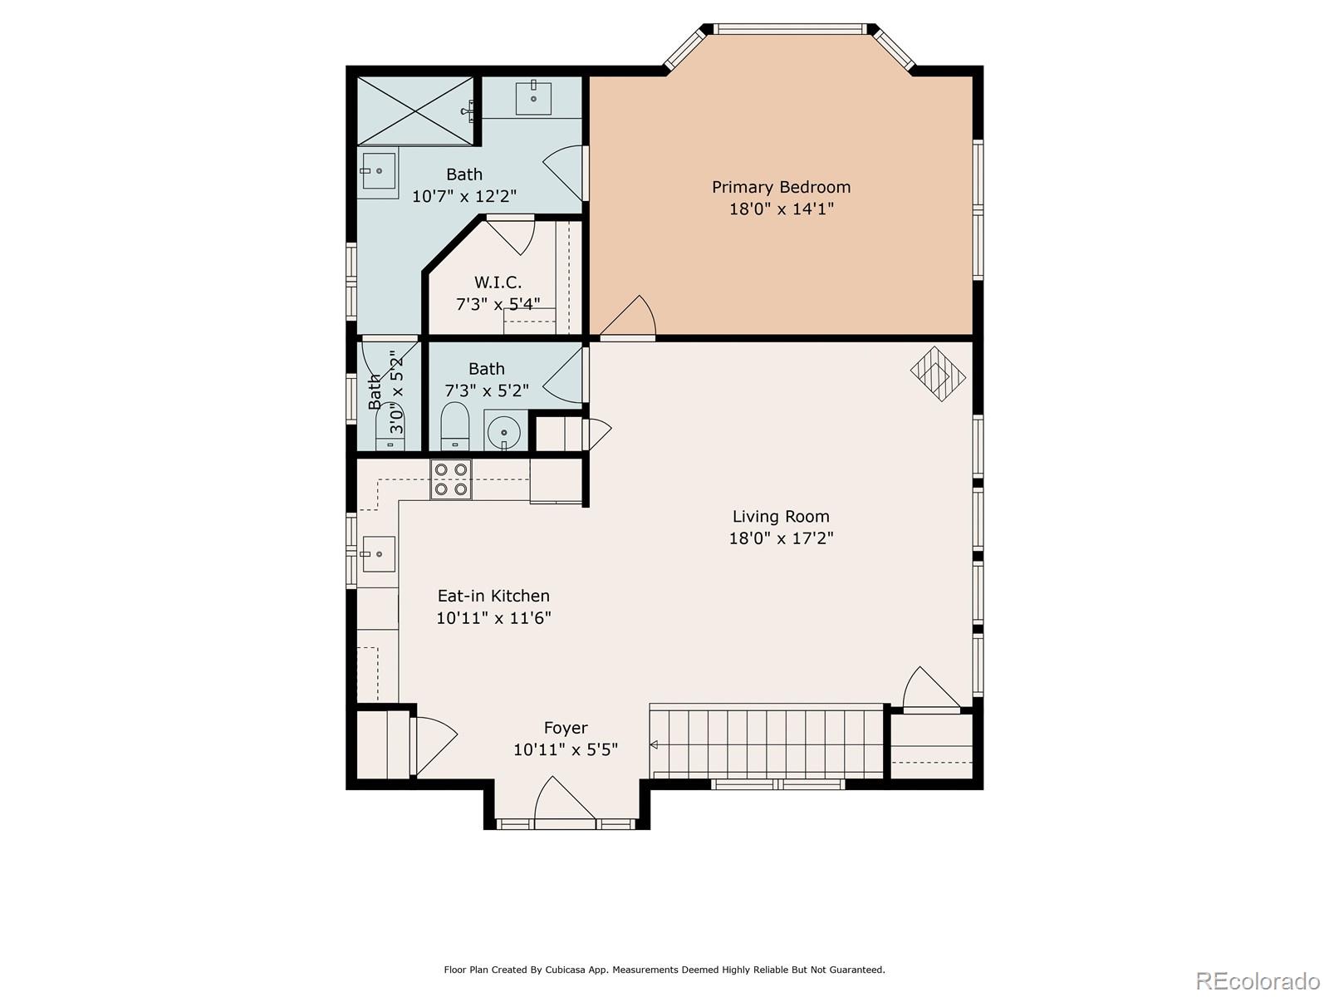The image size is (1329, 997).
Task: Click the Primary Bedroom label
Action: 781,187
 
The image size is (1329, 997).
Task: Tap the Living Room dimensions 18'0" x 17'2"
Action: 781,538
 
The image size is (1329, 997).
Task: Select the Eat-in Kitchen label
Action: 493,596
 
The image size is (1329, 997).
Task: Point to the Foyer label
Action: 566,729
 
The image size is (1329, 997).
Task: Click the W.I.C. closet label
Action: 498,282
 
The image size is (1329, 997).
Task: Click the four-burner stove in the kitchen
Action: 450,479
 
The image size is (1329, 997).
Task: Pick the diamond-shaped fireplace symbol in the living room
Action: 938,374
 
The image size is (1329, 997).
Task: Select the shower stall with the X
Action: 415,111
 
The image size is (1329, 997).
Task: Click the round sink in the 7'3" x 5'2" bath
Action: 503,431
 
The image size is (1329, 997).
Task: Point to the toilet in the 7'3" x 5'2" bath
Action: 454,426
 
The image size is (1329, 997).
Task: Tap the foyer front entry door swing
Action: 564,798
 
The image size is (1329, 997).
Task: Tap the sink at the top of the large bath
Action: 533,97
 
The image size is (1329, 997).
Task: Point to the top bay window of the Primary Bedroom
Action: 790,29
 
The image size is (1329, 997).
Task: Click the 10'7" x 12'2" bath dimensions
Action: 463,196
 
